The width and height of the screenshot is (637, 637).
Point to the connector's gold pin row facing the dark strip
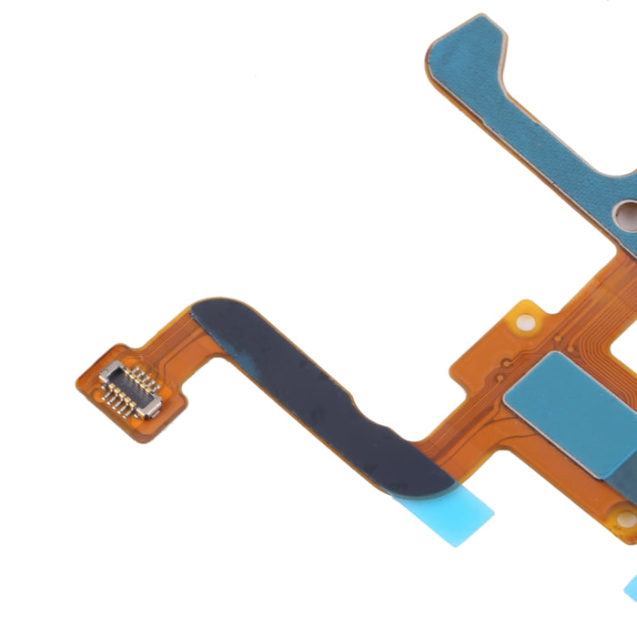141,380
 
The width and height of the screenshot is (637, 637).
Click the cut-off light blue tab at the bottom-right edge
630,587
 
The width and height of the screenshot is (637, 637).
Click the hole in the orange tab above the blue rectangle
523,322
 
